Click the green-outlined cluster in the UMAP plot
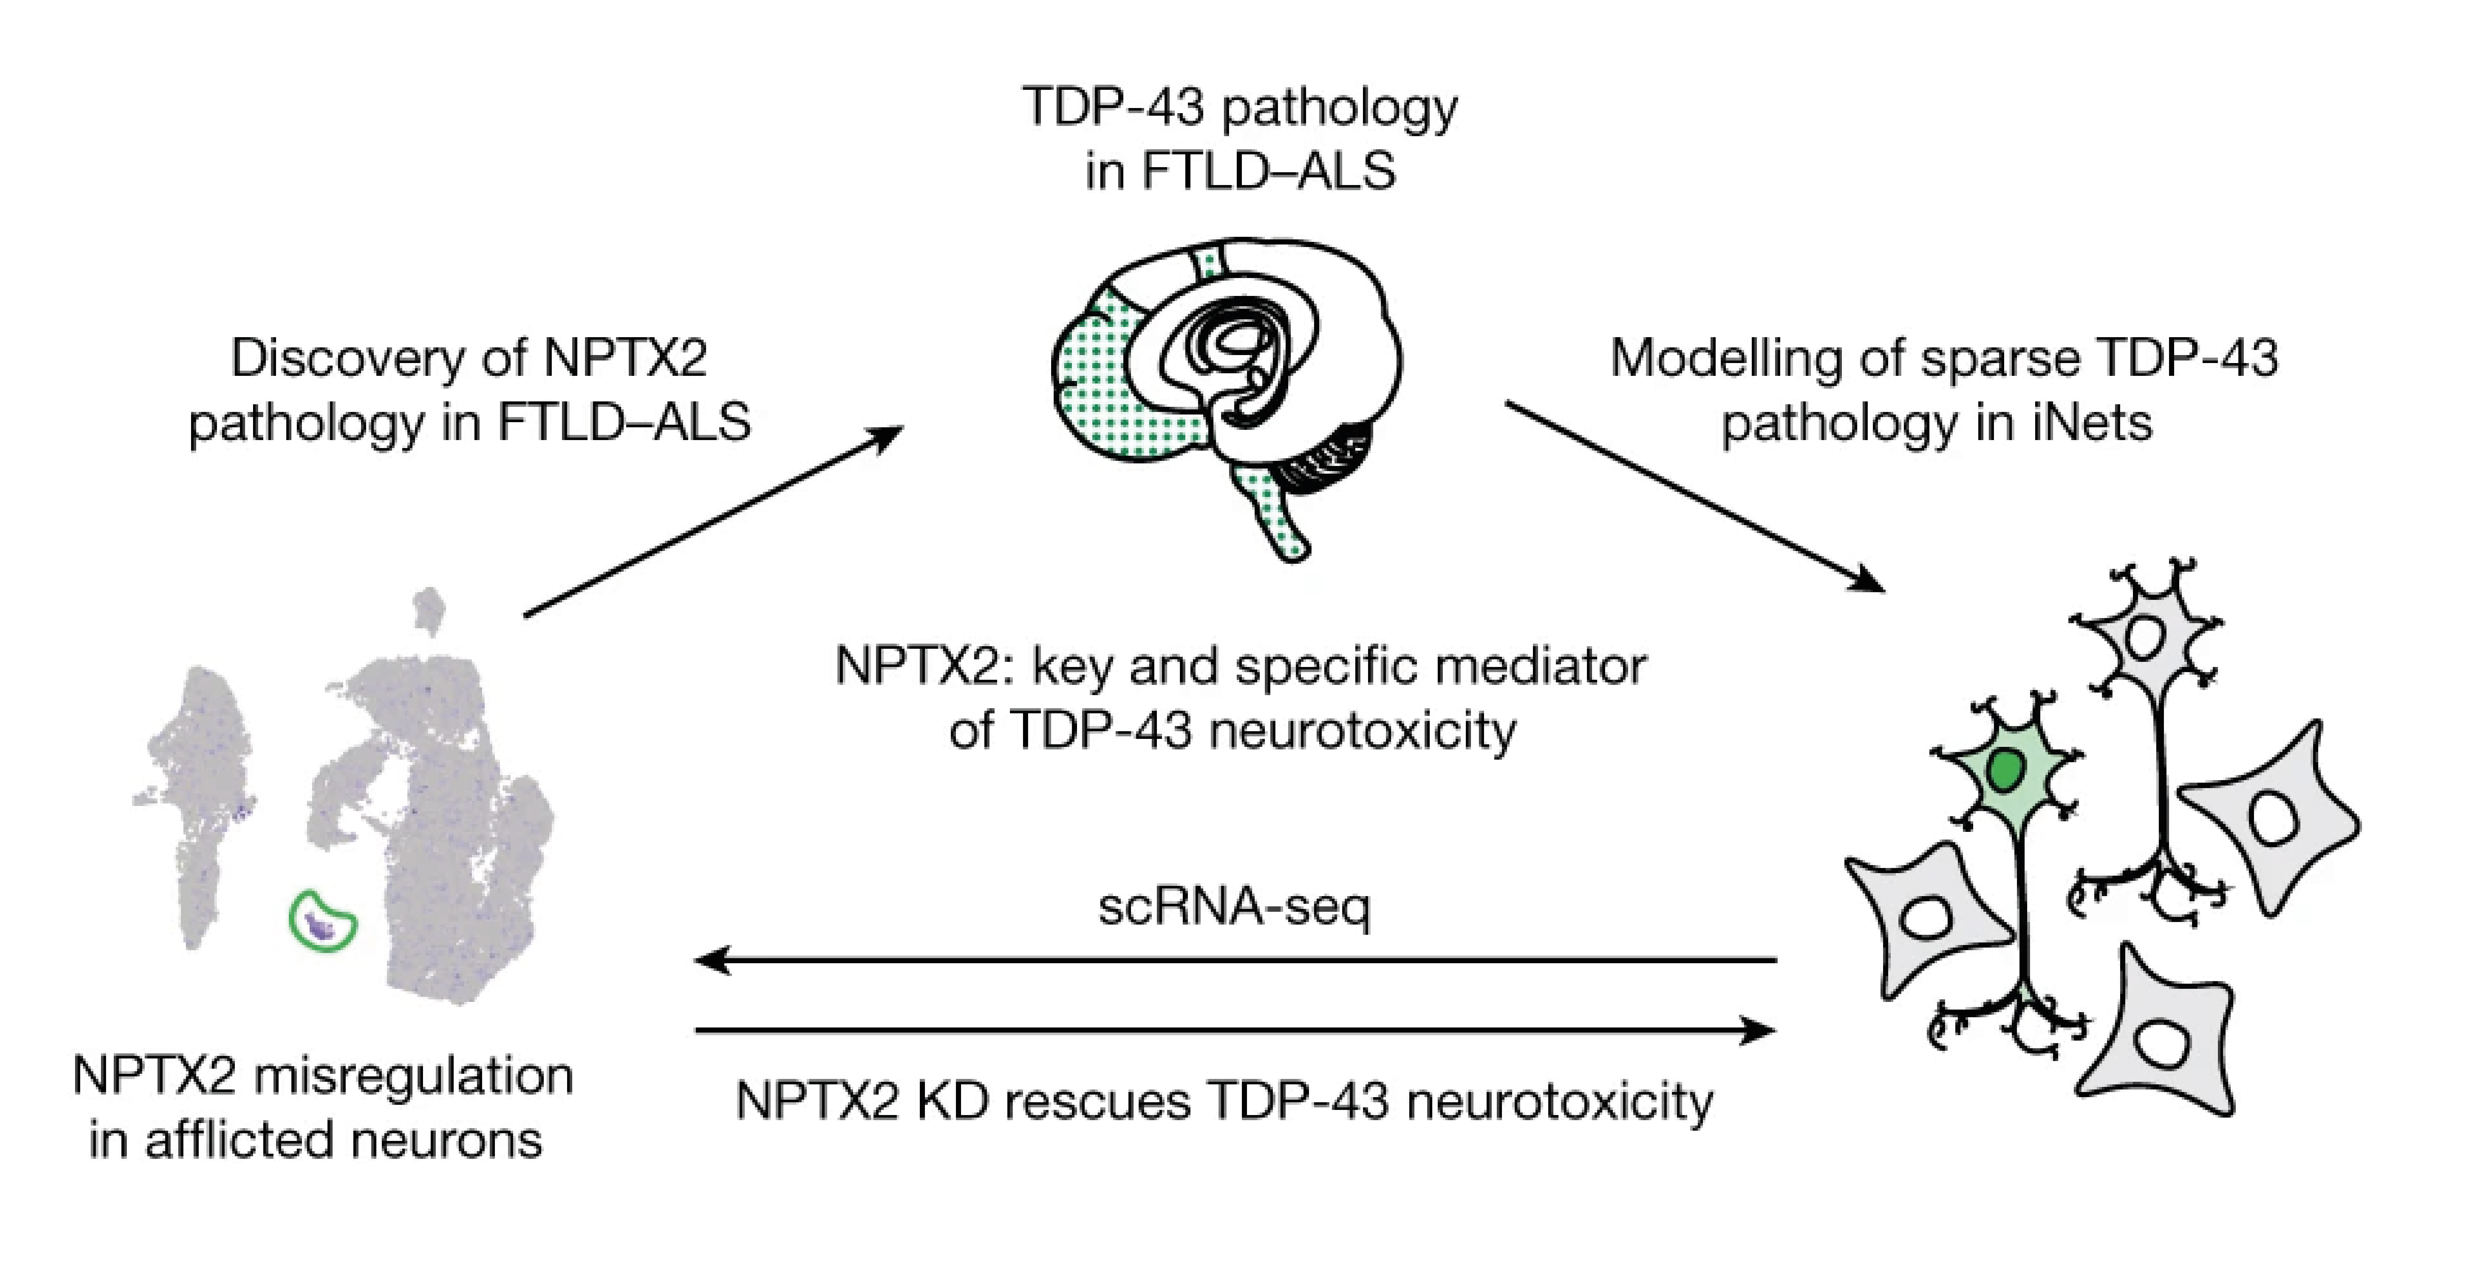click(x=322, y=921)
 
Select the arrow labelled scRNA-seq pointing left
click(x=1235, y=960)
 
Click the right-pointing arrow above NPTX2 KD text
click(x=1235, y=1030)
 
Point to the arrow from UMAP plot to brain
click(x=714, y=521)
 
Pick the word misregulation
click(x=413, y=1076)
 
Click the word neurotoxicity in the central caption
click(x=1362, y=730)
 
